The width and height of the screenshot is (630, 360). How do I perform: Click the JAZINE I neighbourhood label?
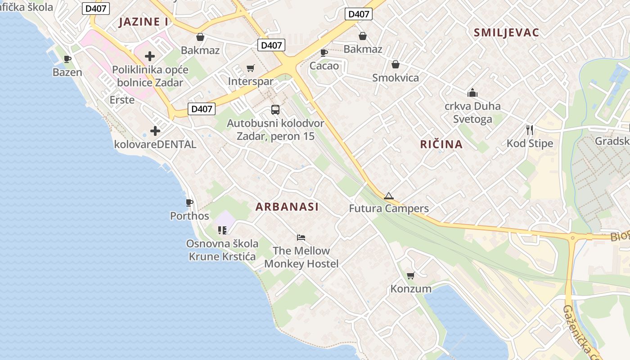tap(143, 22)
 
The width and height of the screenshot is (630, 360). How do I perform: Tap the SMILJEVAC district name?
tap(506, 32)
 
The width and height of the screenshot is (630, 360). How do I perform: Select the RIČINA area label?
tap(441, 144)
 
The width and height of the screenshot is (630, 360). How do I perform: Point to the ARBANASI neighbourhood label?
tap(287, 207)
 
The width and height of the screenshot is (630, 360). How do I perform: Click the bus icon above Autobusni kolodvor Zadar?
tap(275, 110)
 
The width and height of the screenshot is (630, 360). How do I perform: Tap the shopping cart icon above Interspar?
tap(251, 68)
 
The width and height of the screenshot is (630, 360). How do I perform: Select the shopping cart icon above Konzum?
tap(410, 275)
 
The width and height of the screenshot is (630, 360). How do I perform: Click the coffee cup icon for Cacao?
tap(324, 53)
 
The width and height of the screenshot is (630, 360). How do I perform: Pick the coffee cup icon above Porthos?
tap(189, 203)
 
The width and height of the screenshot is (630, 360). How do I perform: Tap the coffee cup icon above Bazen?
tap(67, 59)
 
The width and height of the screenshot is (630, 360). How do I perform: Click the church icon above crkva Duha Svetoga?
tap(472, 93)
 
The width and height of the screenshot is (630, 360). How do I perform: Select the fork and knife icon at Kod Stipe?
tap(530, 130)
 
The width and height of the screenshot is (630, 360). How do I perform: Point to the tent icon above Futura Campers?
tap(389, 196)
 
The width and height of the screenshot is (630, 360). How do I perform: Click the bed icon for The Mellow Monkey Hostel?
tap(301, 237)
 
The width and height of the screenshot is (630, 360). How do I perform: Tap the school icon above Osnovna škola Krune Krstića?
tap(222, 230)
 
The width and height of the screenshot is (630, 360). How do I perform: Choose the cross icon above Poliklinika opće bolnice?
tap(150, 56)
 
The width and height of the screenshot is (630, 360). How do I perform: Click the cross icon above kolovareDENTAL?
tap(155, 131)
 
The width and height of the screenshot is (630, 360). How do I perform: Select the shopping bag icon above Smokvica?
tap(396, 64)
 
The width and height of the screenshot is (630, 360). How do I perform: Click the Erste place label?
tap(122, 99)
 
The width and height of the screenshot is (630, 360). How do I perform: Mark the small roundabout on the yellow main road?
tap(573, 237)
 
